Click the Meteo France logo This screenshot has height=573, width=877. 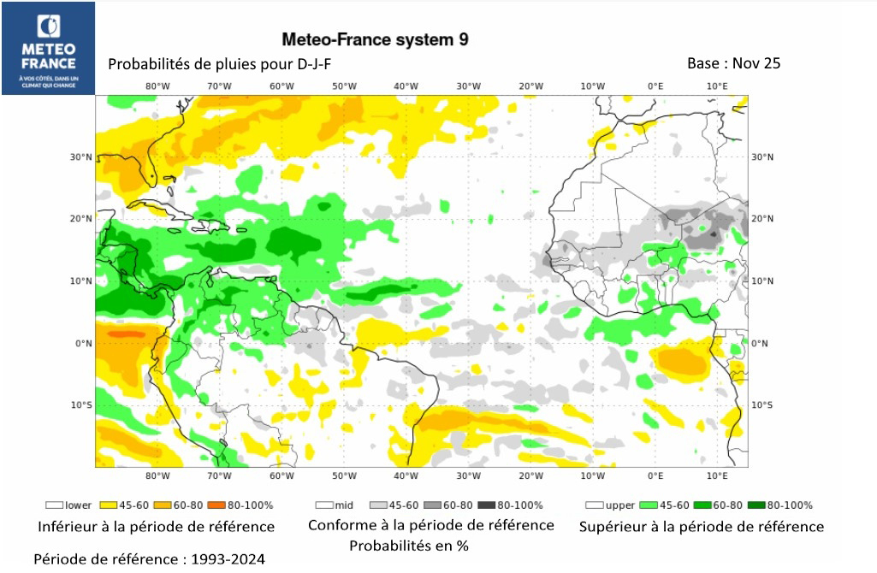[x=48, y=49]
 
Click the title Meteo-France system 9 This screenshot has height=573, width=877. [x=375, y=39]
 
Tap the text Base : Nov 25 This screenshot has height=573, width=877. [x=733, y=63]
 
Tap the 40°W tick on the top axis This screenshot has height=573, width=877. [x=406, y=86]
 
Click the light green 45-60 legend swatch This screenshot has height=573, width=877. [x=649, y=505]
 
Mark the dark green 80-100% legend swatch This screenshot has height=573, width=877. [x=756, y=505]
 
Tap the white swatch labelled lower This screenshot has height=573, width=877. [x=56, y=505]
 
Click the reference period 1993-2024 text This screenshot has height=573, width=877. [x=149, y=558]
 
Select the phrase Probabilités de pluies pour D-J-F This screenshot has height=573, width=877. [x=219, y=64]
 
